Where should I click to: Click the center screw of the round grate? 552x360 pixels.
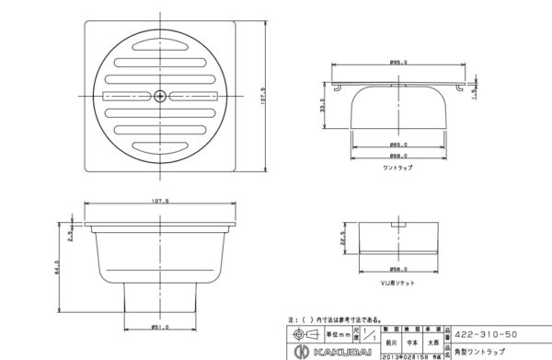pyautogui.click(x=161, y=95)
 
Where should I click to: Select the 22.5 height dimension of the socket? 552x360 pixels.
pyautogui.click(x=344, y=238)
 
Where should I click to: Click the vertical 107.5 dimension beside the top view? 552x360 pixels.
pyautogui.click(x=264, y=95)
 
